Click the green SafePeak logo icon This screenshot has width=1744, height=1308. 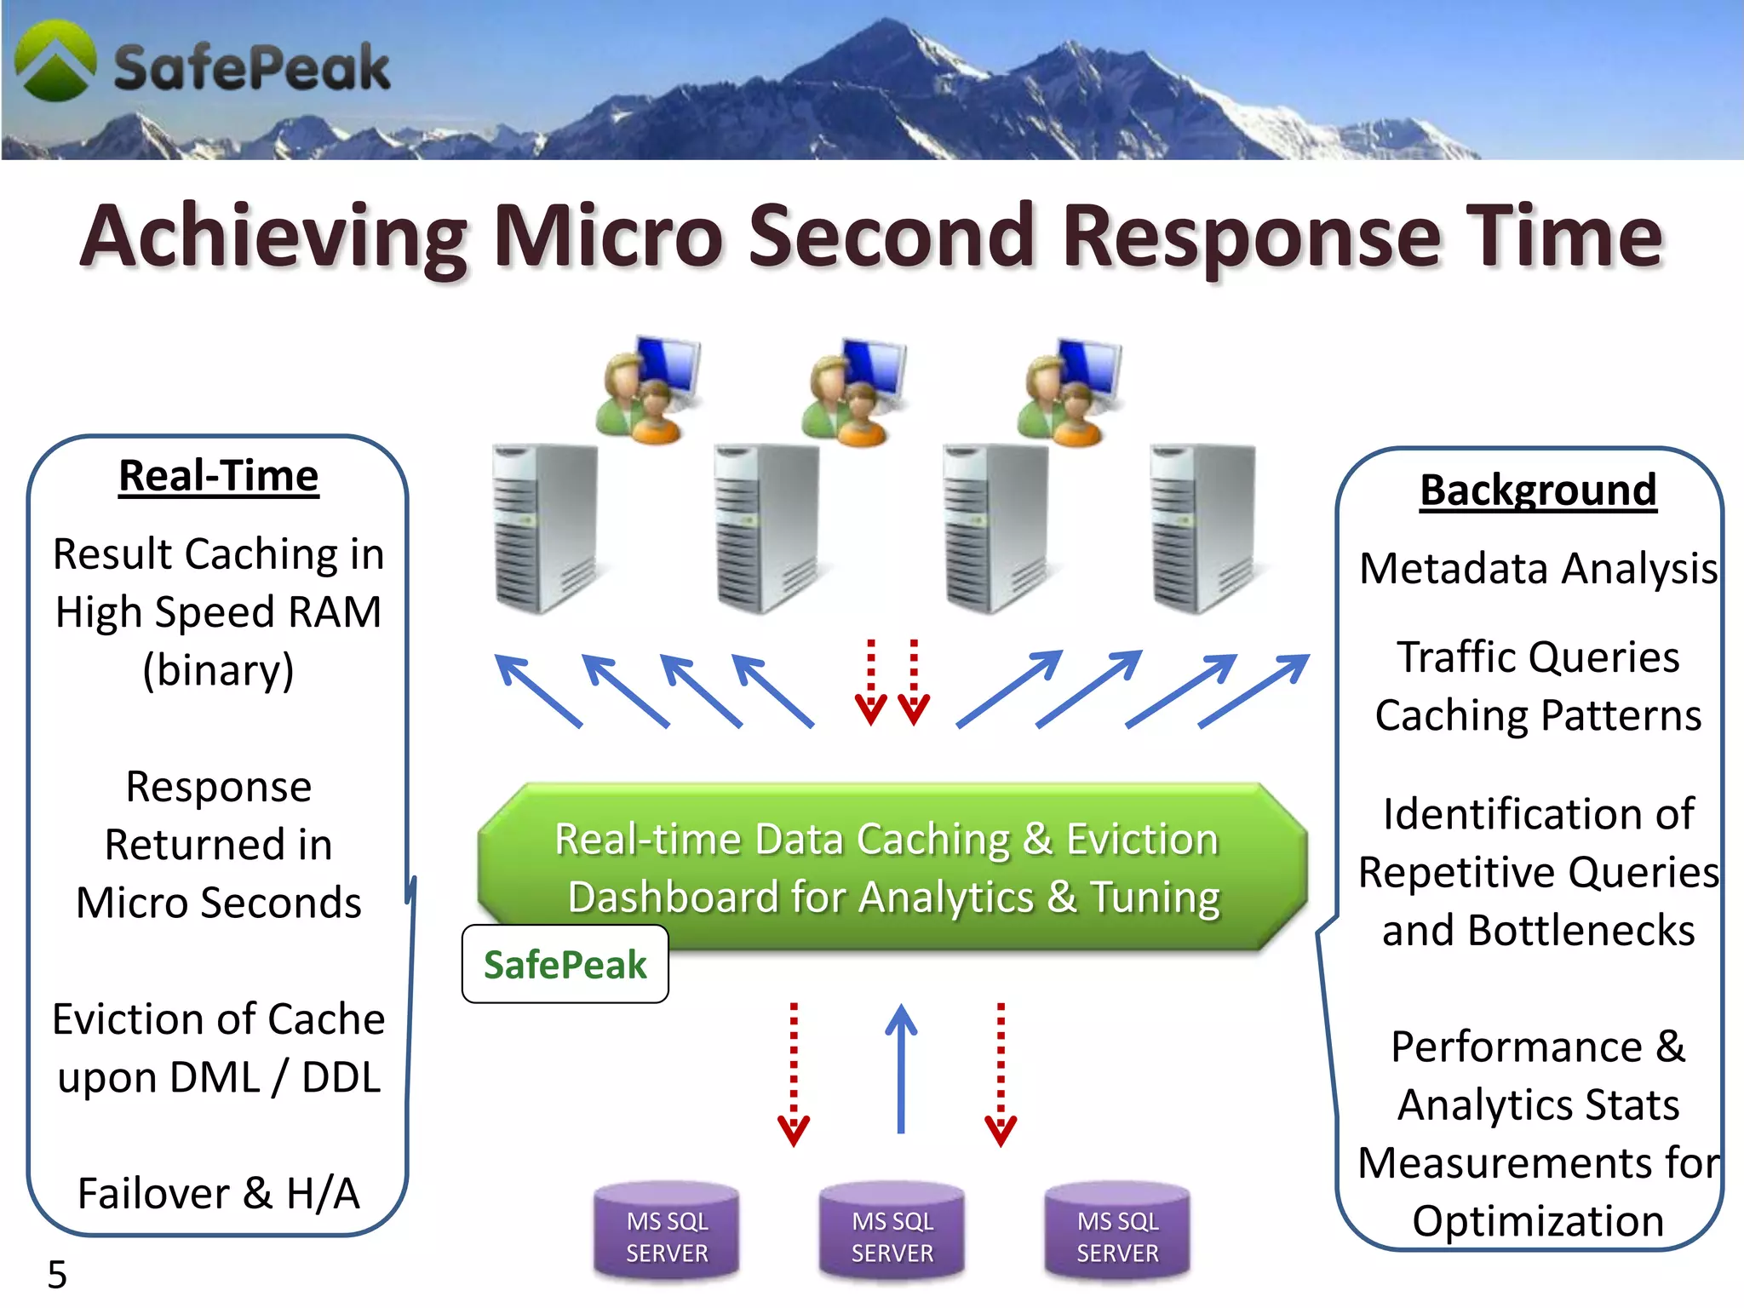[55, 62]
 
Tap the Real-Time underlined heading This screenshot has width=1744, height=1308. [219, 476]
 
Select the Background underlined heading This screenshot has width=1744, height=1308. [1538, 490]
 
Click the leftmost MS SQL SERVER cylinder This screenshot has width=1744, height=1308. [667, 1231]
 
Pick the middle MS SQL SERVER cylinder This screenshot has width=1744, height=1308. [892, 1231]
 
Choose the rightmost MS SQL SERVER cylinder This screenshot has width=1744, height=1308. [1117, 1231]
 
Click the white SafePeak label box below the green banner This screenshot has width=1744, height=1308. [565, 965]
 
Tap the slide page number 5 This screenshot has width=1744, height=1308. [57, 1275]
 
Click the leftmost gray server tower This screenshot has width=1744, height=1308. [545, 528]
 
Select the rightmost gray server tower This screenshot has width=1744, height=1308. [1202, 528]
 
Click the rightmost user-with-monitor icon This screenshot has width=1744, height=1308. [1070, 392]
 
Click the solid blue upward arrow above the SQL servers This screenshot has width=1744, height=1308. [901, 1069]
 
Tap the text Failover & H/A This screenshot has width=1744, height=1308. [219, 1193]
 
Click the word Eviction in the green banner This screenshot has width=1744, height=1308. [1143, 840]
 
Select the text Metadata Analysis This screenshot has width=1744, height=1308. [1538, 569]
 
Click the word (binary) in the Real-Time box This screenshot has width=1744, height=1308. [219, 670]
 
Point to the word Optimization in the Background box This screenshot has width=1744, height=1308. [1538, 1221]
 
